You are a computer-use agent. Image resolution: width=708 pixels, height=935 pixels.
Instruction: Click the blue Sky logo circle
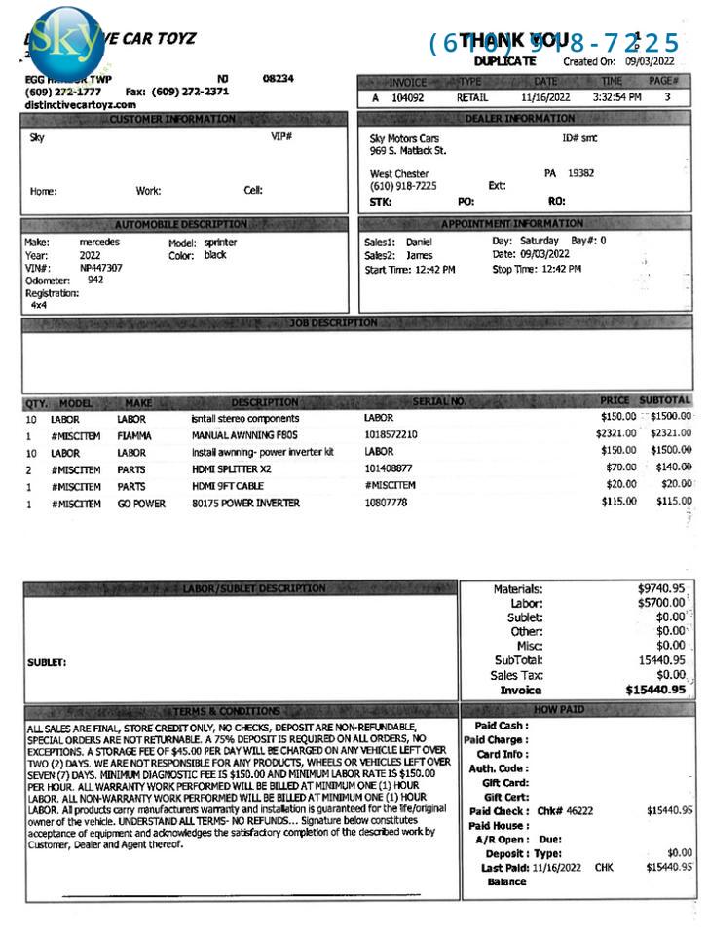pyautogui.click(x=65, y=41)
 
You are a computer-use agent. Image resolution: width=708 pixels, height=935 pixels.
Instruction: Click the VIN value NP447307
pyautogui.click(x=101, y=267)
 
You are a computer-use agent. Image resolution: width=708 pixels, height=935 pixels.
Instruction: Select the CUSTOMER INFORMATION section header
pyautogui.click(x=172, y=119)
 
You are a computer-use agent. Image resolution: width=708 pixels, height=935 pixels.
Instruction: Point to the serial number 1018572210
pyautogui.click(x=391, y=434)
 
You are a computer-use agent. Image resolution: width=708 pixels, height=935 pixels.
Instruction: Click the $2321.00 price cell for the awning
pyautogui.click(x=616, y=434)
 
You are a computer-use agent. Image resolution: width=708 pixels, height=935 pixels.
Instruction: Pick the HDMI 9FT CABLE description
pyautogui.click(x=227, y=486)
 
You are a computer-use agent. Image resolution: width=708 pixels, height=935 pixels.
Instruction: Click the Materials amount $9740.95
pyautogui.click(x=661, y=589)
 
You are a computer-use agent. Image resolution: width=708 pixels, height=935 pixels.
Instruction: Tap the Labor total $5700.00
pyautogui.click(x=661, y=604)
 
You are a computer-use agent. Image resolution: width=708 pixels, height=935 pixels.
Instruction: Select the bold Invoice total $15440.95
pyautogui.click(x=654, y=690)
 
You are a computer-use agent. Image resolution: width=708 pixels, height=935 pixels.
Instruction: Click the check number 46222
pyautogui.click(x=578, y=810)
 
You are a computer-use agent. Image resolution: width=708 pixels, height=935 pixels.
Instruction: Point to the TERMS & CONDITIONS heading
pyautogui.click(x=226, y=711)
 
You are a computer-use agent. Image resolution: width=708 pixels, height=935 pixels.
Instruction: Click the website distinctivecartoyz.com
pyautogui.click(x=81, y=104)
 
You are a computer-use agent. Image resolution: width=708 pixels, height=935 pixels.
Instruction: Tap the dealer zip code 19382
pyautogui.click(x=580, y=173)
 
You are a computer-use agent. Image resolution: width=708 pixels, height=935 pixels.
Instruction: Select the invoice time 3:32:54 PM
pyautogui.click(x=616, y=98)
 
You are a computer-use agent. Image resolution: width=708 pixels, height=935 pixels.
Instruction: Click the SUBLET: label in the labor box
pyautogui.click(x=47, y=663)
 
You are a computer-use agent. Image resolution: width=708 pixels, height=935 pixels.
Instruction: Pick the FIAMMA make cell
pyautogui.click(x=134, y=434)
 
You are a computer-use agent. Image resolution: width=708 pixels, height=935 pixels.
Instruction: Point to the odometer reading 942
pyautogui.click(x=95, y=280)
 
